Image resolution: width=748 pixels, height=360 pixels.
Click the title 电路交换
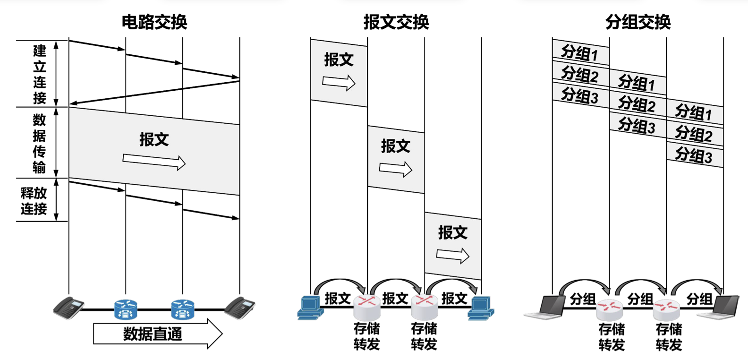pos(154,22)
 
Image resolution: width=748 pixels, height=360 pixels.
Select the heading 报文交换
pos(396,22)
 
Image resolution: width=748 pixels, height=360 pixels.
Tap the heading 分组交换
pos(637,22)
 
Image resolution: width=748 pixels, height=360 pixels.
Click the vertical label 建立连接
pos(40,74)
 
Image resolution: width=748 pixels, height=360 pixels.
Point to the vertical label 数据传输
pos(39,143)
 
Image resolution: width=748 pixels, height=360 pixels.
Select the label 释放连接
pos(34,200)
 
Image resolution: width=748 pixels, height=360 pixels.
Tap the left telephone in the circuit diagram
pos(69,308)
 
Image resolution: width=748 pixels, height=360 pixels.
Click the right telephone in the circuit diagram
pos(239,308)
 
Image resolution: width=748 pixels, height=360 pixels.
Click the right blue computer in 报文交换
pos(481,308)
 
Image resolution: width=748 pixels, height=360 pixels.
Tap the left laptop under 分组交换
pos(548,307)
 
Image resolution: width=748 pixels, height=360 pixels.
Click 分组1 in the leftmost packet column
pos(580,53)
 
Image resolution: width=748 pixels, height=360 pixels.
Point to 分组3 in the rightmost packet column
pos(694,155)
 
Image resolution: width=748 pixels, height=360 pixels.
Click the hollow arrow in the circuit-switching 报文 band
pos(154,161)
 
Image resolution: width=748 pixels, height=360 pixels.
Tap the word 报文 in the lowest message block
pos(452,232)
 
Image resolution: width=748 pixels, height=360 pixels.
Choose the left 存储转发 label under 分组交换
pos(612,337)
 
